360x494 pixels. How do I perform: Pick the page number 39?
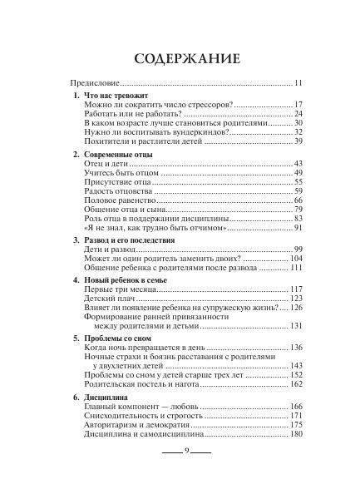click(298, 141)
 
